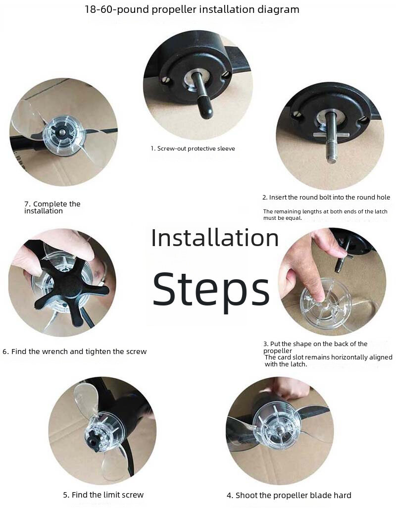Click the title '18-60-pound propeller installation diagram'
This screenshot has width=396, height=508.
(x=192, y=9)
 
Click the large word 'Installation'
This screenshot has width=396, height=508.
(x=215, y=238)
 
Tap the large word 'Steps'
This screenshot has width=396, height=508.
(x=211, y=288)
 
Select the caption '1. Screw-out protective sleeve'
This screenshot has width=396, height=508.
(x=193, y=149)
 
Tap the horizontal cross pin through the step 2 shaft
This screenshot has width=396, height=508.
(x=331, y=135)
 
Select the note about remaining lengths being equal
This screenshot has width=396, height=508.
(x=325, y=214)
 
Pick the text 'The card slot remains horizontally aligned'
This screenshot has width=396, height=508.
(x=328, y=357)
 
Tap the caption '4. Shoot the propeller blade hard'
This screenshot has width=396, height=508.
(x=289, y=495)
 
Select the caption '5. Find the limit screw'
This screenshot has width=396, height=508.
(x=103, y=495)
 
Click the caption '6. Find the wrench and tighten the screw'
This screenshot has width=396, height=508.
(x=74, y=352)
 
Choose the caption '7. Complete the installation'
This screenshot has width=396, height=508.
(x=52, y=207)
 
